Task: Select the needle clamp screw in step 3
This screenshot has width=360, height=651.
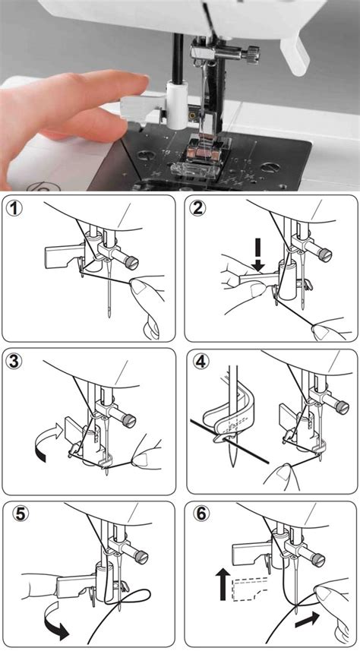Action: click(x=131, y=417)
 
